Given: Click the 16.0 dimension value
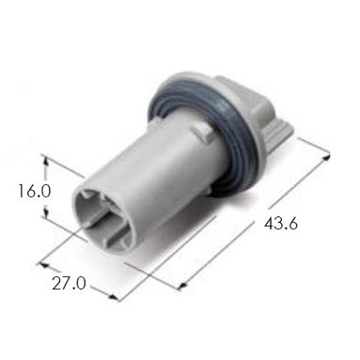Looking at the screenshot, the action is (x=34, y=191).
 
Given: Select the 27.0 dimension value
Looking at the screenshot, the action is (x=69, y=284).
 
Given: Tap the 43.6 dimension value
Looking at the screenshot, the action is (x=281, y=224).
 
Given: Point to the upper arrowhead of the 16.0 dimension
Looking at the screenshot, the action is (x=46, y=161).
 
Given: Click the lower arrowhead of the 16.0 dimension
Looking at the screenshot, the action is (x=46, y=213).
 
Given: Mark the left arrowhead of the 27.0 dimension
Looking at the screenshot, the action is (x=43, y=265).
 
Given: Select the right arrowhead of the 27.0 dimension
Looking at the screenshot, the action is (x=114, y=297).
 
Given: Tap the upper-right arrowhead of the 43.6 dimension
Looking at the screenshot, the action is (x=326, y=157).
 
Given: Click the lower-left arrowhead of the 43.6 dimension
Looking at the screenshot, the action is (x=182, y=285).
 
